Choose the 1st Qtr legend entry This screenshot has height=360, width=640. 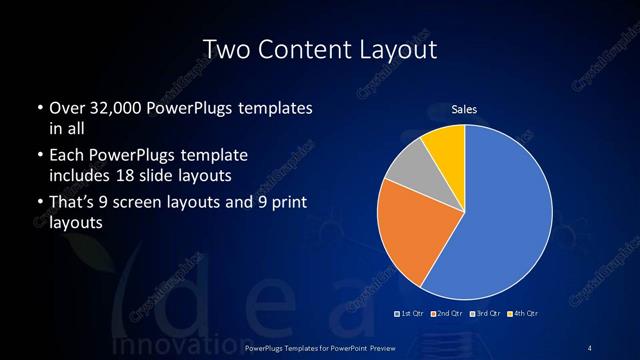(x=411, y=314)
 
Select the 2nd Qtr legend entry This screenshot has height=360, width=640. (x=447, y=314)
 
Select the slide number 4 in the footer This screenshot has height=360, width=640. (x=590, y=347)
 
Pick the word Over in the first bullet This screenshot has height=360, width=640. (x=67, y=108)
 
